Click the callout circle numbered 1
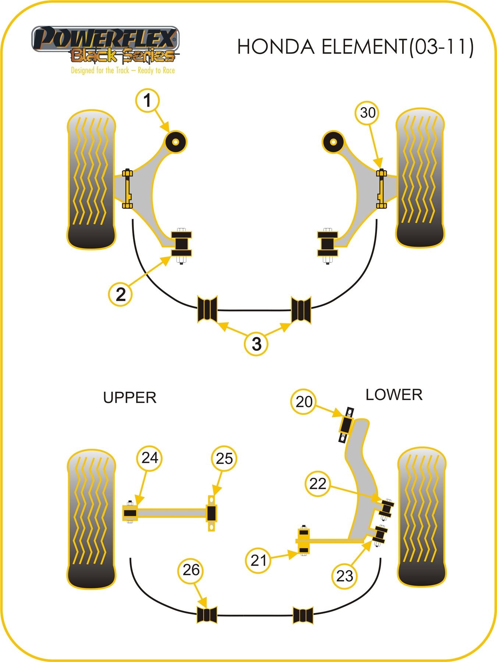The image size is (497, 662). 148,101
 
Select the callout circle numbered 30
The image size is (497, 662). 368,113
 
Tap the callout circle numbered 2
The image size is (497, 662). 121,294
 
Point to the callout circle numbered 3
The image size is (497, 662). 256,344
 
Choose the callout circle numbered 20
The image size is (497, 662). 303,402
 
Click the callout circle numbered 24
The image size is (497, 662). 150,458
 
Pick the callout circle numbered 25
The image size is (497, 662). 224,459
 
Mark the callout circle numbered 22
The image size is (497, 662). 317,484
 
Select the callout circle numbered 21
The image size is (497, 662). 258,560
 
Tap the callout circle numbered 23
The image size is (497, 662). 345,576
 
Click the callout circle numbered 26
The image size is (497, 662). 191,570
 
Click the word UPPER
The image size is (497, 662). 130,398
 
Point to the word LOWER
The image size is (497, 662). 394,395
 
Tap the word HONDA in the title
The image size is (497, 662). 276,47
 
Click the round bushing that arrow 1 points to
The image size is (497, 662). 175,142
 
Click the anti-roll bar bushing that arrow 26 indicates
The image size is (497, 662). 207,615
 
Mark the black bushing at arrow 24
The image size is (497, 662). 130,513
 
